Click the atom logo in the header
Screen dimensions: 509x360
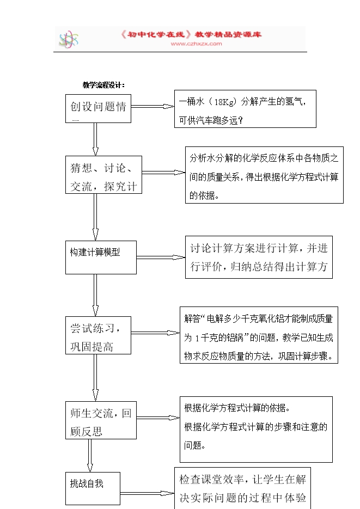(x=68, y=39)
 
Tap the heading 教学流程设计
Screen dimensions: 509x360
(x=104, y=85)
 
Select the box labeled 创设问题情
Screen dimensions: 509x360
(x=98, y=108)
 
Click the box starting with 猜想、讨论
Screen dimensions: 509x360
(x=103, y=175)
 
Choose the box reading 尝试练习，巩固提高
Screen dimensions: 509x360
(x=98, y=335)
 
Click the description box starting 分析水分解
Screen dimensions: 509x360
(x=264, y=176)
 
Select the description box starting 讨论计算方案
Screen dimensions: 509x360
(x=259, y=257)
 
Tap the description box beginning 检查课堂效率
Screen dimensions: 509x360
(x=243, y=488)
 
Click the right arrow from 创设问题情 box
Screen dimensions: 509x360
(x=152, y=107)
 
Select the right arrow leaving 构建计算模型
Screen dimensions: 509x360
(x=161, y=257)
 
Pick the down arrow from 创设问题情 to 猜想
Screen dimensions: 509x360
(x=96, y=139)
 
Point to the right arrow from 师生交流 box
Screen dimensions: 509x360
(x=158, y=418)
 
